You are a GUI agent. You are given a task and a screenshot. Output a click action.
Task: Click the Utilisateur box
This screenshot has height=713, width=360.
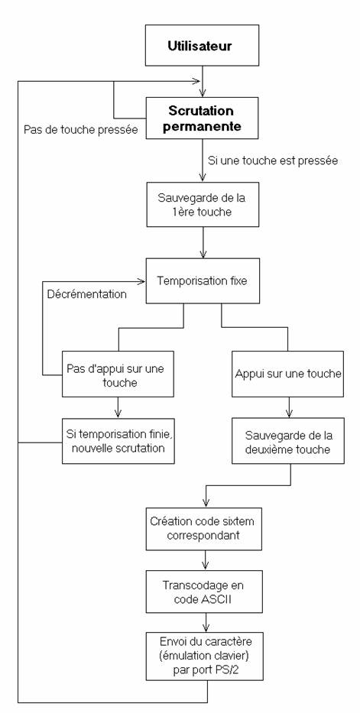point(203,46)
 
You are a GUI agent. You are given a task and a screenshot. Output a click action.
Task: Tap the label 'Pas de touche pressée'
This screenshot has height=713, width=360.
point(80,130)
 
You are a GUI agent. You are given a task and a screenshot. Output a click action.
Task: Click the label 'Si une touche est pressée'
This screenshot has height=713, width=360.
point(273,160)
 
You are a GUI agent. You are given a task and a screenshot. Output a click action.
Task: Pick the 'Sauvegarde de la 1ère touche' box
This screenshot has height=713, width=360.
point(203,205)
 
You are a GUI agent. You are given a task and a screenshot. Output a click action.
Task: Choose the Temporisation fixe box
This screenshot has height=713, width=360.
point(203,280)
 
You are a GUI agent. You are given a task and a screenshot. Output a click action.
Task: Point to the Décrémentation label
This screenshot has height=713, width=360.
point(87,294)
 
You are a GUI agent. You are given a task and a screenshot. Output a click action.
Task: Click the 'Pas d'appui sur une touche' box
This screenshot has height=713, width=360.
point(118,374)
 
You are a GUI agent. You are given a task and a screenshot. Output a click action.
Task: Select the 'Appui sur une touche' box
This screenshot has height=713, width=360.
point(287,374)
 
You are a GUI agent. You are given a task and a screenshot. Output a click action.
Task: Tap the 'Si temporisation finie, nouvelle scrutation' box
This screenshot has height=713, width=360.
point(118,441)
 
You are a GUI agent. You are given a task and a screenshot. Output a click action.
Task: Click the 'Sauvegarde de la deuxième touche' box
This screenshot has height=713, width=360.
point(287,441)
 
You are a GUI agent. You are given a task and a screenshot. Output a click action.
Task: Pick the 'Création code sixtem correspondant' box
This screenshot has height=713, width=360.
point(204,527)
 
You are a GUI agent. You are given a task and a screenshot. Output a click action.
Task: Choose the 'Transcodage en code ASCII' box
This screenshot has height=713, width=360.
point(203,591)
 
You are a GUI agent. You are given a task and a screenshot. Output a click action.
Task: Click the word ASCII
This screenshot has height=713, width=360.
point(216,598)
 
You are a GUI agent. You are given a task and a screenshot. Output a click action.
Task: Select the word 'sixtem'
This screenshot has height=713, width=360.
point(238,521)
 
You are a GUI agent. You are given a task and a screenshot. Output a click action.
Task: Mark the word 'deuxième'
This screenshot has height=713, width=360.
point(268,449)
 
